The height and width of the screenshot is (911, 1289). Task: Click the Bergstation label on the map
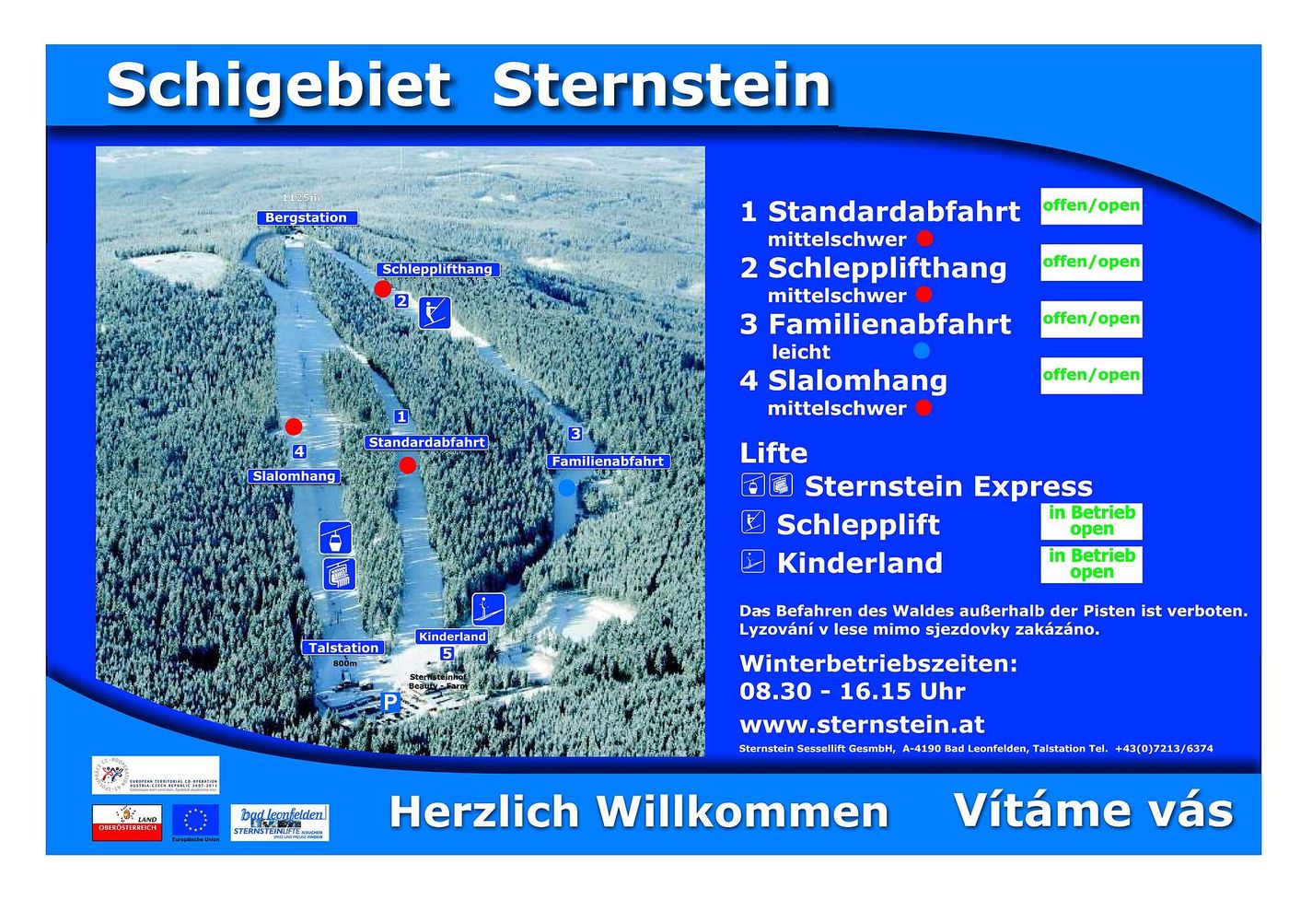(306, 218)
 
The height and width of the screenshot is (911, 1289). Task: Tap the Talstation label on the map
(343, 648)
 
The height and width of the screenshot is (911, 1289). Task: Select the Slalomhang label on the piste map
(294, 476)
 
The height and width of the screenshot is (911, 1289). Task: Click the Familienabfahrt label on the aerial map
(608, 461)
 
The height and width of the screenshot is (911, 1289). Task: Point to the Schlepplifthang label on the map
(437, 269)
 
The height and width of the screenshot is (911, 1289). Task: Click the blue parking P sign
(390, 703)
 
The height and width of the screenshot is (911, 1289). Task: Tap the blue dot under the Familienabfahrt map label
(567, 487)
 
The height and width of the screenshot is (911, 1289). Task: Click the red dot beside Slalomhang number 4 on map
(294, 426)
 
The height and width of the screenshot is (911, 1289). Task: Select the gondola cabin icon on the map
(335, 536)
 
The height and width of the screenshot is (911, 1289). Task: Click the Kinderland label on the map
(452, 637)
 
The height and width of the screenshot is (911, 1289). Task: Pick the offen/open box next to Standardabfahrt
(1091, 206)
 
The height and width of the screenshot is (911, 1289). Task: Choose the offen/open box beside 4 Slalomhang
(1091, 376)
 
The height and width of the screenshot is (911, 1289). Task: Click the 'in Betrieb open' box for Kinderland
(1091, 564)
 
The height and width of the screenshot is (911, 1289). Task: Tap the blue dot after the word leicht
(921, 351)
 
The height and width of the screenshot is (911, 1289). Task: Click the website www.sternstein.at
(862, 724)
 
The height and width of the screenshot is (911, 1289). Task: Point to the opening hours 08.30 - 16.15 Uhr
(853, 691)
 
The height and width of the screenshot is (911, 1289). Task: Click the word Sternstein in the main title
(661, 87)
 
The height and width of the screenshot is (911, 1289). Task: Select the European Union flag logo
(195, 819)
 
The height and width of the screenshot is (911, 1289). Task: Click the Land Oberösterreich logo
(127, 822)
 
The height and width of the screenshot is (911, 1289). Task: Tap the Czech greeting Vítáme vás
(1093, 811)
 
